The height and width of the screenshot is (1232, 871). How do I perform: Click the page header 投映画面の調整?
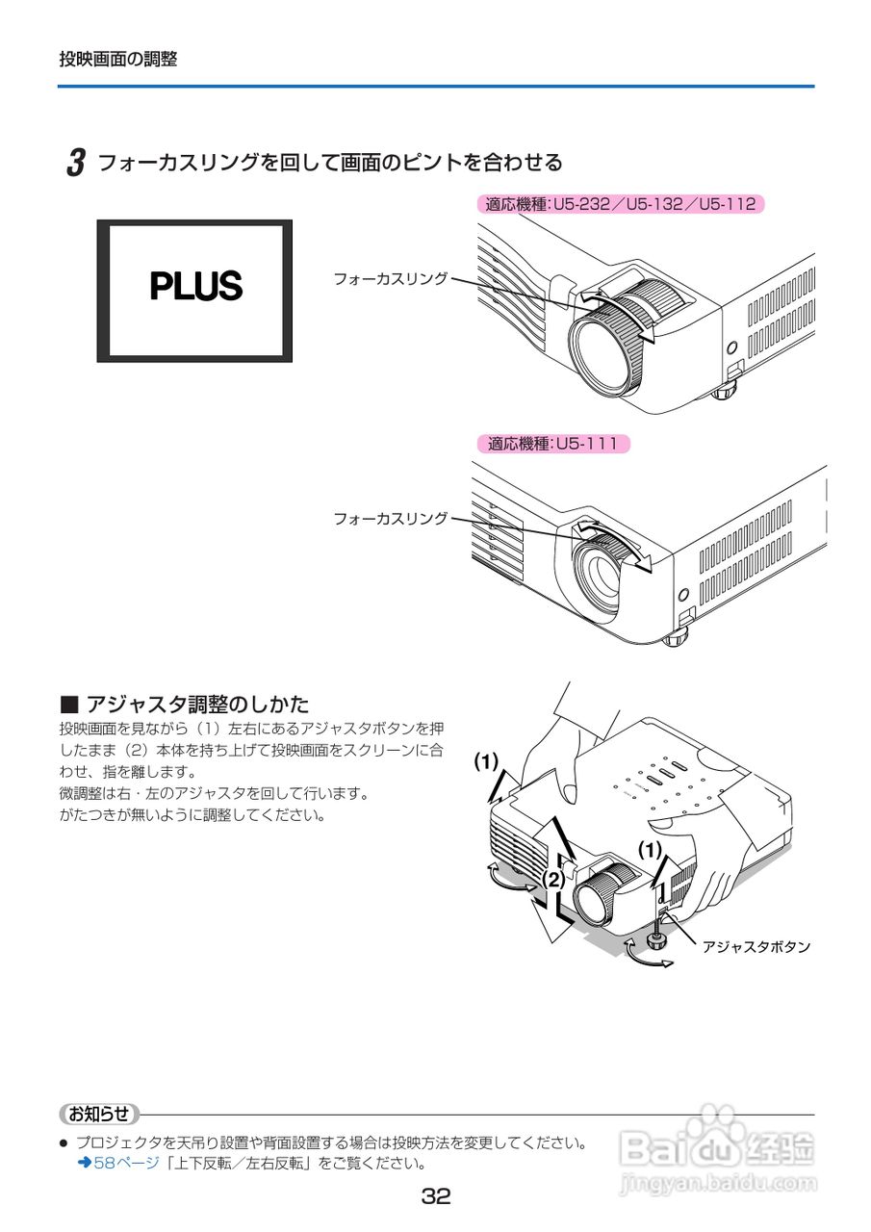(x=118, y=59)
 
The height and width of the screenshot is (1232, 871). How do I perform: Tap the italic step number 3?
(x=75, y=162)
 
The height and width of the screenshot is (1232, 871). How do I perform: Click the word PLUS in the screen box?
(x=195, y=286)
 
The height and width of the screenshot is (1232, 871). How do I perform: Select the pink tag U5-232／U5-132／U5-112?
(x=621, y=204)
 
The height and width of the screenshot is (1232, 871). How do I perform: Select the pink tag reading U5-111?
(x=553, y=444)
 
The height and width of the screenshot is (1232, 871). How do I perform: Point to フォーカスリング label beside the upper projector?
(x=390, y=278)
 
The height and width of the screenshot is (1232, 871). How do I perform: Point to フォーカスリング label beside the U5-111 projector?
(x=390, y=518)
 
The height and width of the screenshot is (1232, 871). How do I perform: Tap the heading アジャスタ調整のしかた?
(x=197, y=704)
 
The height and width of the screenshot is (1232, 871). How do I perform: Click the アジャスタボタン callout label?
(x=756, y=947)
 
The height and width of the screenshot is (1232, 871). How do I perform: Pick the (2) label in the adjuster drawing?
(x=552, y=879)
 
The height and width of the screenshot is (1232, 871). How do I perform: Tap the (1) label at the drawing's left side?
(x=486, y=762)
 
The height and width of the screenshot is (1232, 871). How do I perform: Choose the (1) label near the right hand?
(x=651, y=849)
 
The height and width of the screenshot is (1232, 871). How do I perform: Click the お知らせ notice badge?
(x=99, y=1114)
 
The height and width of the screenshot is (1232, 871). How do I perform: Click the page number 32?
(x=435, y=1197)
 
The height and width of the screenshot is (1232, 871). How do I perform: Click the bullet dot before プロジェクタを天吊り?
(x=64, y=1144)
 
